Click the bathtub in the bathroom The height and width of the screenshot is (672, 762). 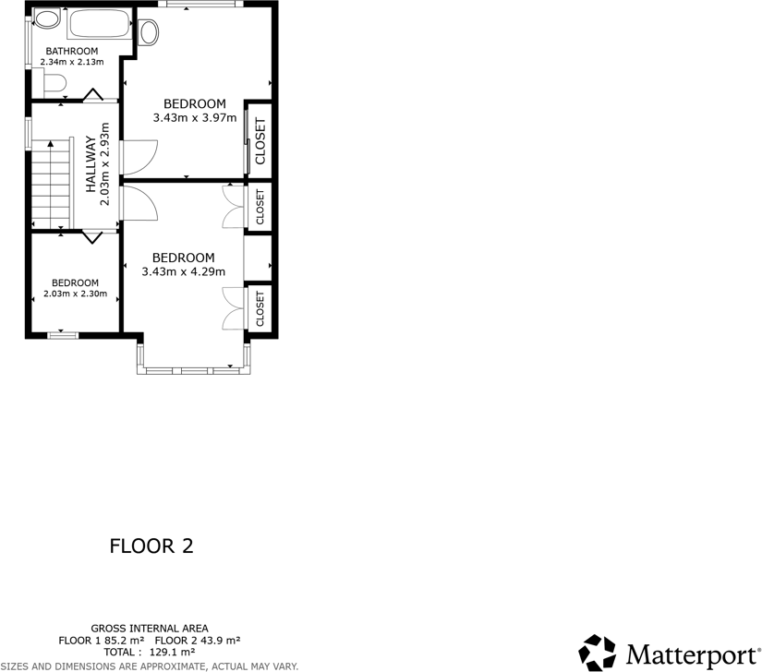[99, 24]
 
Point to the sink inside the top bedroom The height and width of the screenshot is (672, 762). [150, 32]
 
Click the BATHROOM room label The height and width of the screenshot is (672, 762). [72, 51]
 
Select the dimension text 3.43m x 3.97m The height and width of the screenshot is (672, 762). [195, 118]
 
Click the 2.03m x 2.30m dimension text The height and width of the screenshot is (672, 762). [75, 294]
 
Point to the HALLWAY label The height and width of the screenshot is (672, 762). [91, 164]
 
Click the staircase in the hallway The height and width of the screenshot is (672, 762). [51, 185]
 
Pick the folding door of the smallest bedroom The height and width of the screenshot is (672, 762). [91, 237]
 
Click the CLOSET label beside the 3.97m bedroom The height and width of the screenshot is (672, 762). [260, 141]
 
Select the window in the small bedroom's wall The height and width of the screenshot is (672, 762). [62, 334]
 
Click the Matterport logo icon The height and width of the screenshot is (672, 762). [597, 652]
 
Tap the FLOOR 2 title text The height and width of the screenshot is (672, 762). [151, 546]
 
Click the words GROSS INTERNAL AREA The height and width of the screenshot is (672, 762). [150, 628]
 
